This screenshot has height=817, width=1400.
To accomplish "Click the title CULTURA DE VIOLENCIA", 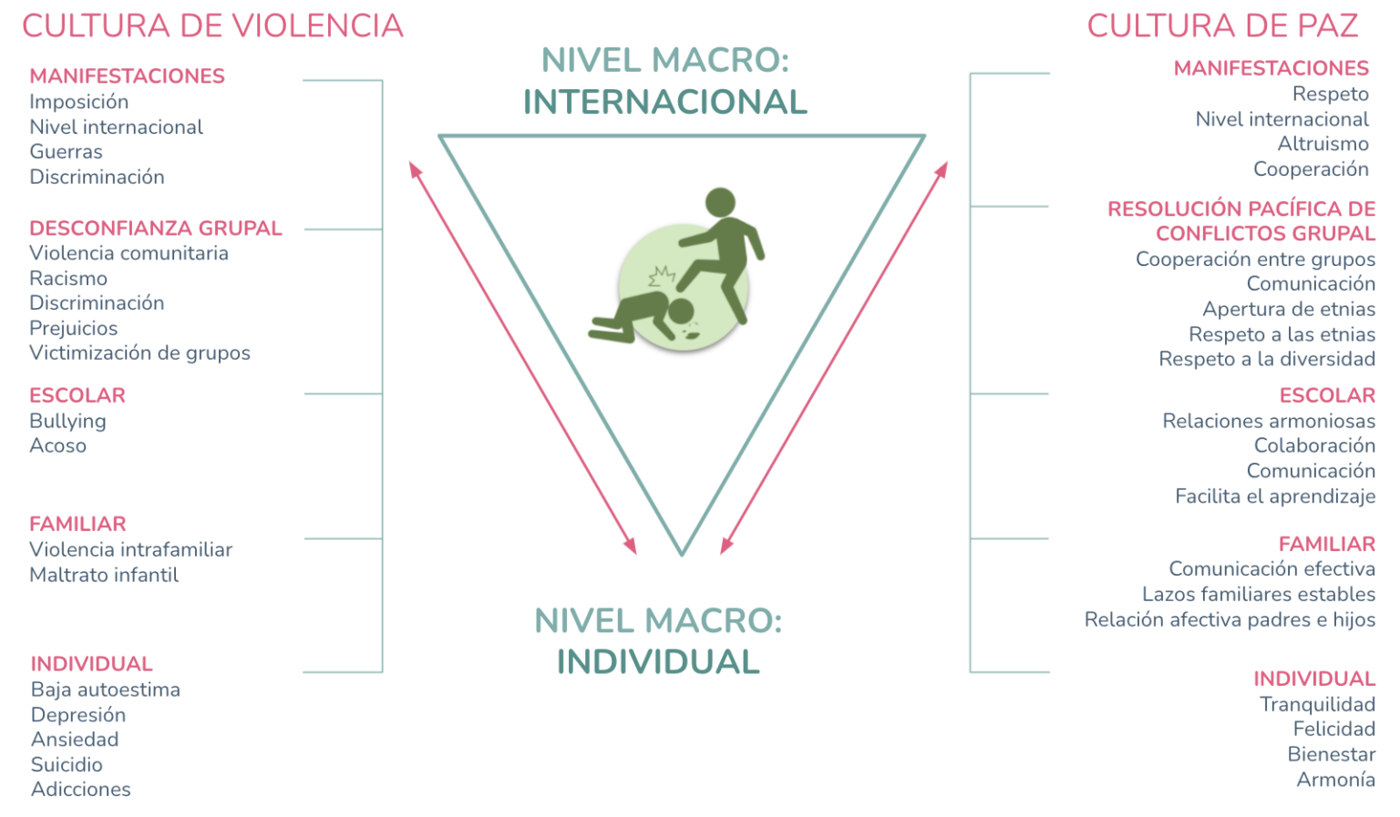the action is (213, 26).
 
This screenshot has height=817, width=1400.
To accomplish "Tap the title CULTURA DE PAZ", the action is (1222, 26).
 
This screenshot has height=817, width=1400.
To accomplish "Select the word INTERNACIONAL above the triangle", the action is (665, 102).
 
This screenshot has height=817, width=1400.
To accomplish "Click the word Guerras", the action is (66, 152).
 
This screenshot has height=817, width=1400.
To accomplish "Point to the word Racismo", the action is (68, 279).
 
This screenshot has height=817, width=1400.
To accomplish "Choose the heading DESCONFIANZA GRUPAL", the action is (156, 229).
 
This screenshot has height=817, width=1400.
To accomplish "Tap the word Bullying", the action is (67, 422).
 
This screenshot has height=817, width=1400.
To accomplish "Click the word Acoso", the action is (57, 446).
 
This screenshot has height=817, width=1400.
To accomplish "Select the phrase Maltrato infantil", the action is (104, 575).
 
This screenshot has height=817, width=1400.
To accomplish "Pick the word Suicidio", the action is (67, 764).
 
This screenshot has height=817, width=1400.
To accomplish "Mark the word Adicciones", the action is (80, 790).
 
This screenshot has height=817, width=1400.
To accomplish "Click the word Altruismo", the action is (1323, 144).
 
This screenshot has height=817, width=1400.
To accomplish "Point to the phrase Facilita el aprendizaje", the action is (1275, 496).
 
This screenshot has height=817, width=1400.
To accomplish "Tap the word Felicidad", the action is (1334, 729).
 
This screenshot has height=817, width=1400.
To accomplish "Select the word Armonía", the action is (1336, 780).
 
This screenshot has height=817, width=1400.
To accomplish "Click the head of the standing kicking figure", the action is (720, 202).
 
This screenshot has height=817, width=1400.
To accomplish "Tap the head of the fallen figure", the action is (681, 311).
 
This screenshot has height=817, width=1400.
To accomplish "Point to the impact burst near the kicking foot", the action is (662, 275).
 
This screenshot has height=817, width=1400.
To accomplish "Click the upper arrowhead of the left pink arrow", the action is (415, 169).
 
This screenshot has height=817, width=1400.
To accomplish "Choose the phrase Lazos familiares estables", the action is (1259, 594).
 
